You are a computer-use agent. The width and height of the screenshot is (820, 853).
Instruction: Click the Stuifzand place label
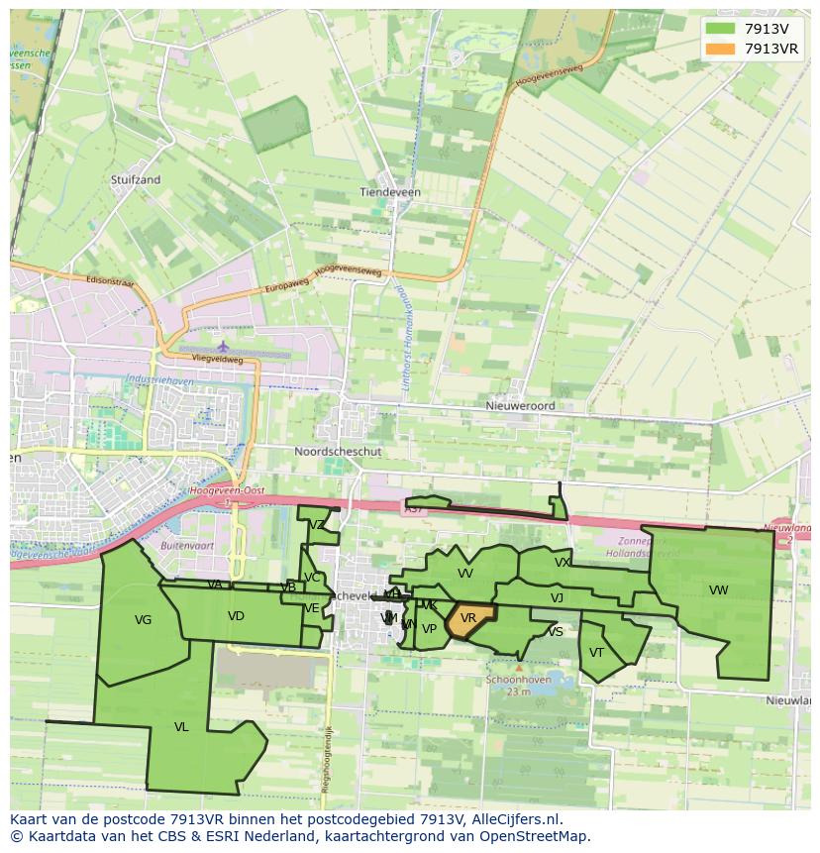pos(136,180)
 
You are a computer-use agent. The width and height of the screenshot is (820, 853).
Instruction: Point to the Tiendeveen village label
pos(390,192)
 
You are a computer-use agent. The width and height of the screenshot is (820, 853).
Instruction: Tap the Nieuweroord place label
pos(520,406)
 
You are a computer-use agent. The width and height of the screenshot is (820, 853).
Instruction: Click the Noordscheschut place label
pos(338,451)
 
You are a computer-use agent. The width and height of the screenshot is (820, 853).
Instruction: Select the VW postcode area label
pos(719,590)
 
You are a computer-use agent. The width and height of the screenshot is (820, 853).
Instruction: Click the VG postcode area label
pos(143,620)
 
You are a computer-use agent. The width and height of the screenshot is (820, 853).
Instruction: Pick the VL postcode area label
pos(181,727)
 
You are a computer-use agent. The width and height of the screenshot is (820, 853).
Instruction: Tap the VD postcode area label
pos(236,616)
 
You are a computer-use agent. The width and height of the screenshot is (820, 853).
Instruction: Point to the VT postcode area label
pos(596,653)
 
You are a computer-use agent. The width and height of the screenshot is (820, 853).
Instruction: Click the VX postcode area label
pos(563,563)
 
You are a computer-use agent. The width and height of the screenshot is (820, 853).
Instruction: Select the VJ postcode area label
pos(557,598)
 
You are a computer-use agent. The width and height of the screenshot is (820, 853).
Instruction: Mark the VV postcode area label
pos(465,574)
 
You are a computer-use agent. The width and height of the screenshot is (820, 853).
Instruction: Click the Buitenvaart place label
pos(187,545)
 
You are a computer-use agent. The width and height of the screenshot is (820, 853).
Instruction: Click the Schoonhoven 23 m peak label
pos(519,686)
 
